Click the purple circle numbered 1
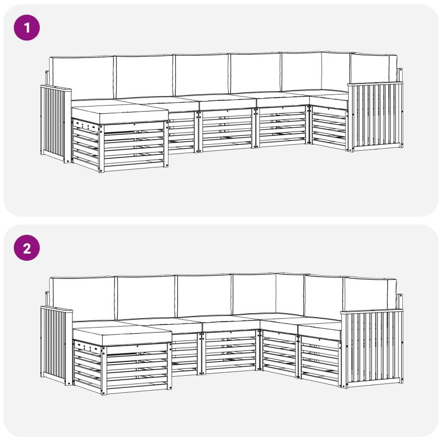(27, 28)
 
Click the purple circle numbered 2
(27, 248)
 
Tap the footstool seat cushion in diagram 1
(120, 114)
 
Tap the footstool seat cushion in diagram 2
(122, 336)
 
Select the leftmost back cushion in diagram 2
(82, 299)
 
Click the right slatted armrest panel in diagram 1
(376, 116)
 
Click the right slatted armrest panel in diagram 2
(372, 348)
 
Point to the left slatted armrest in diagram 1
(56, 123)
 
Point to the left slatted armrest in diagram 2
(56, 345)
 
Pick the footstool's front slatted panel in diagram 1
(134, 146)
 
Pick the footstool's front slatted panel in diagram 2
(136, 368)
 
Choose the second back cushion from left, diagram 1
(144, 76)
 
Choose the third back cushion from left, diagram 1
(202, 75)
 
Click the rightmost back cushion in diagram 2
(369, 294)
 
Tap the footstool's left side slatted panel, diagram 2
(88, 366)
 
